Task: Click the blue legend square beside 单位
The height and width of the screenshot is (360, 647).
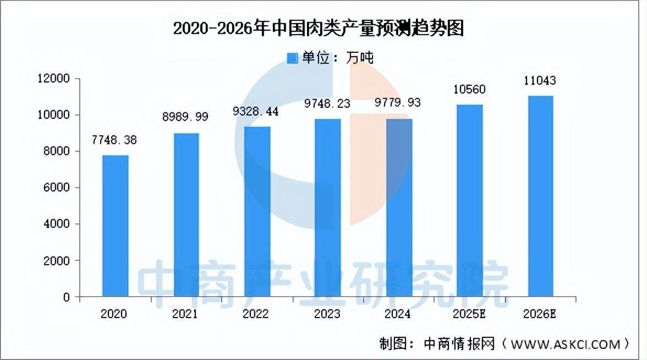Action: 292,58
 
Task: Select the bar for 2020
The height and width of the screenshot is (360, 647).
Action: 115,226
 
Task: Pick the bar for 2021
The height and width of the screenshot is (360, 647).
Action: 186,215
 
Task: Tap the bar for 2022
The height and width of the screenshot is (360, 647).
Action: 257,211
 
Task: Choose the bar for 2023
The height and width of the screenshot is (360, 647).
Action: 328,208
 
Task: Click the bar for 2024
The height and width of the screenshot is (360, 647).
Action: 399,208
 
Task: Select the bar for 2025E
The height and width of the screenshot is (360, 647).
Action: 470,200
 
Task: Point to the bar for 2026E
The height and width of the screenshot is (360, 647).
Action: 541,196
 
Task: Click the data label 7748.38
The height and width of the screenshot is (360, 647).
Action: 114,140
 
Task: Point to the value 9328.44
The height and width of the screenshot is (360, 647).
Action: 256,112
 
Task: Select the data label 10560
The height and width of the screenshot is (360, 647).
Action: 470,90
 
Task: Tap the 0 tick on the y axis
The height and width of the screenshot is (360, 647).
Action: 67,297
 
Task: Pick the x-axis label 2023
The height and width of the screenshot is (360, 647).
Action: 327,314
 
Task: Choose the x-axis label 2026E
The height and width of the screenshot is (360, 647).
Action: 539,314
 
